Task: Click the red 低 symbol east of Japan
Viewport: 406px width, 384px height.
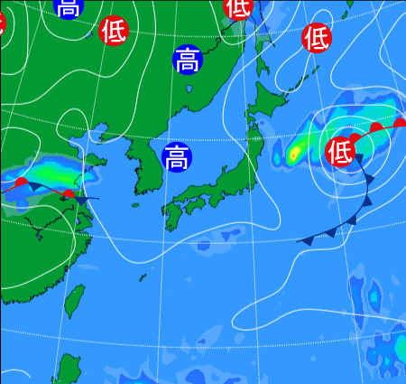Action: pyautogui.click(x=340, y=149)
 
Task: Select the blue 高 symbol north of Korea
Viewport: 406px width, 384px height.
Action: pyautogui.click(x=187, y=60)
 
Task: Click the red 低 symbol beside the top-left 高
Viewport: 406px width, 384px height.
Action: pyautogui.click(x=114, y=30)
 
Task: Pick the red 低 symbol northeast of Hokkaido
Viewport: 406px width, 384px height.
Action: pyautogui.click(x=317, y=37)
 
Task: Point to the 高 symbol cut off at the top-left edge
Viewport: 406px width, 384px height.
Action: pyautogui.click(x=68, y=7)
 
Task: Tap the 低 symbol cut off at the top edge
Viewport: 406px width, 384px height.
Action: pyautogui.click(x=237, y=7)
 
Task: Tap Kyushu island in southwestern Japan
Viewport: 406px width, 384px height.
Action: pyautogui.click(x=173, y=215)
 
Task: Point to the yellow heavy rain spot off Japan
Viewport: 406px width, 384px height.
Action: pyautogui.click(x=294, y=155)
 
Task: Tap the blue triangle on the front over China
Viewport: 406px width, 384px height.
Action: pyautogui.click(x=82, y=200)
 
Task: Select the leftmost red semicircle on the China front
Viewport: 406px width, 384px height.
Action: pyautogui.click(x=22, y=183)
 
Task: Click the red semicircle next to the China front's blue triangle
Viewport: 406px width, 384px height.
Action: pyautogui.click(x=68, y=193)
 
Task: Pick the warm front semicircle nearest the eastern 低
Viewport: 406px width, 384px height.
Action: pyautogui.click(x=356, y=138)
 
